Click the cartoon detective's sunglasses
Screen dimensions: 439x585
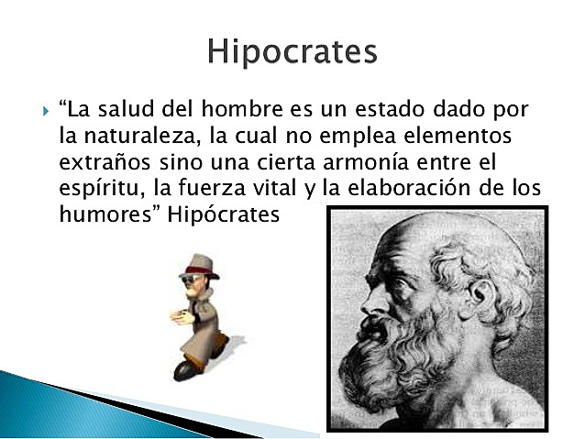(194, 279)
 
